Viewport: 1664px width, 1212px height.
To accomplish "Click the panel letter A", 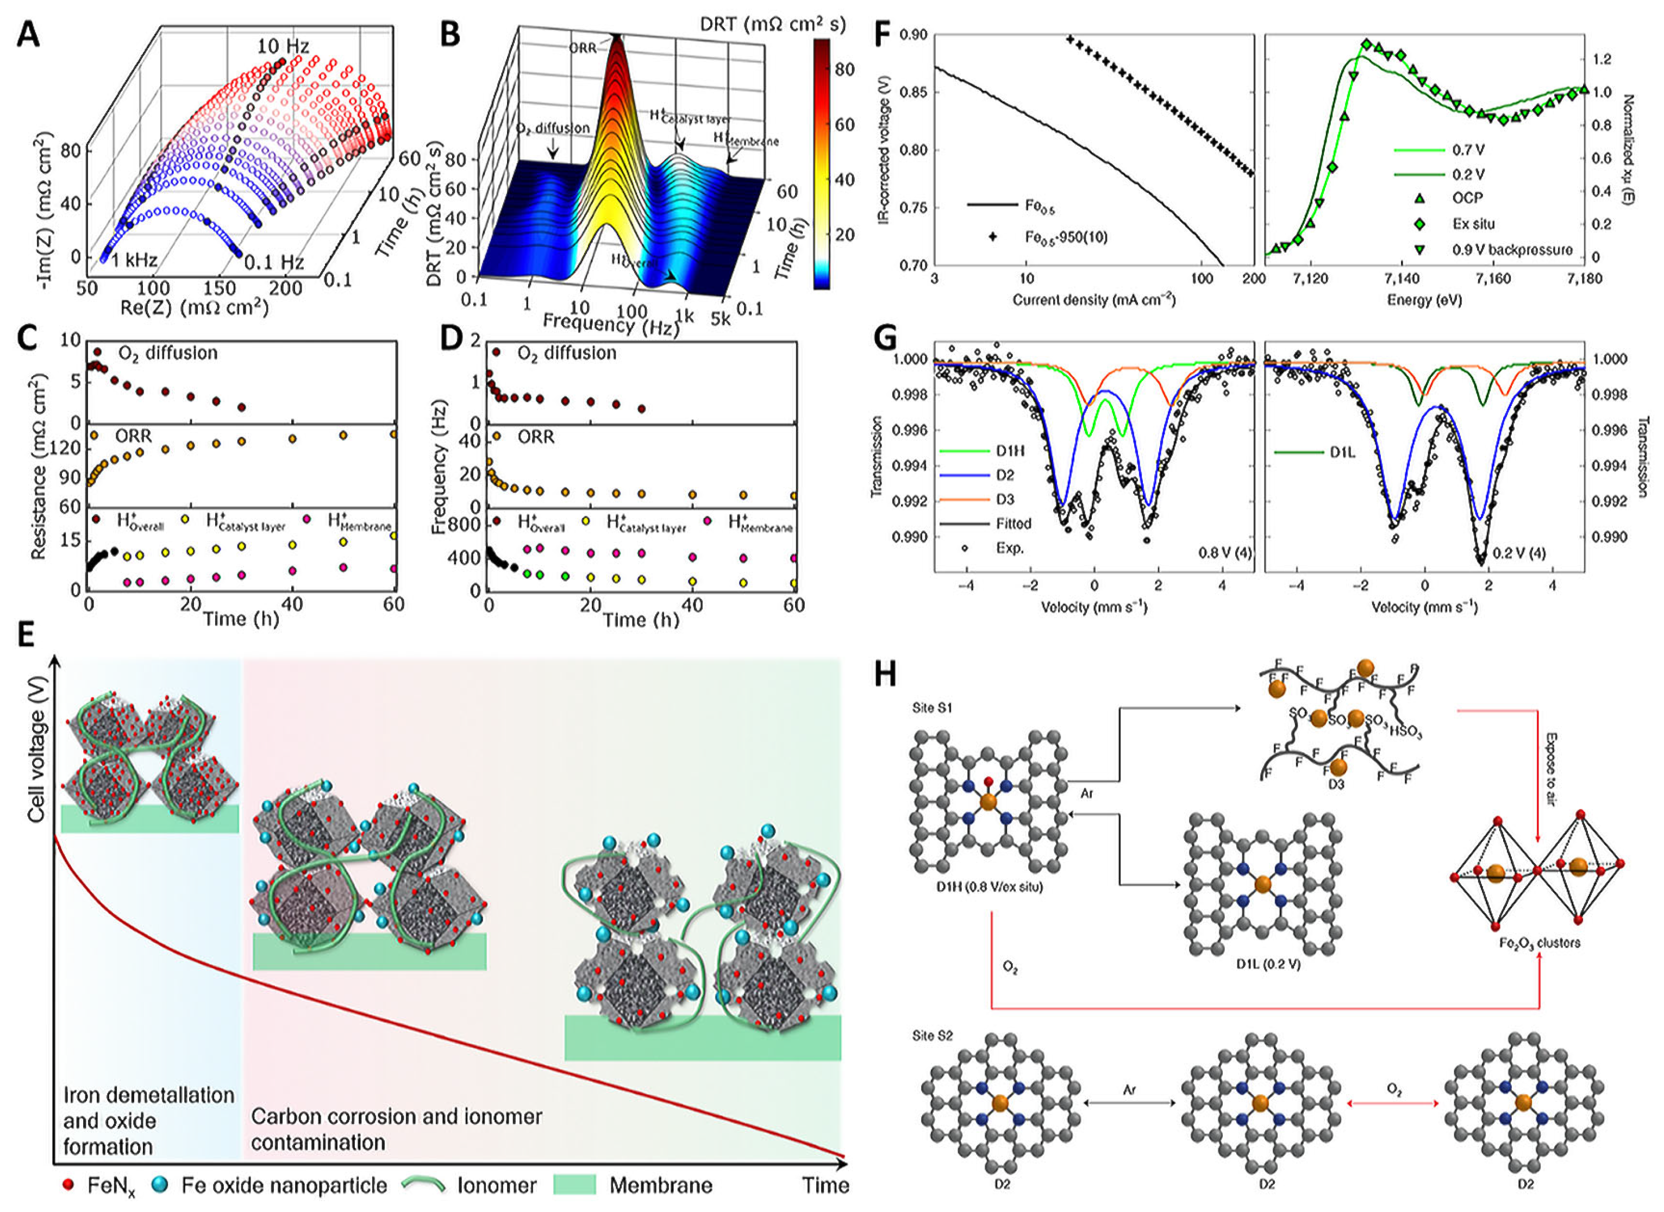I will (x=27, y=34).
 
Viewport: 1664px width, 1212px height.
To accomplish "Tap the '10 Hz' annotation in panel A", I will (x=283, y=47).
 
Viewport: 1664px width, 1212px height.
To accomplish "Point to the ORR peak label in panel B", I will (x=583, y=48).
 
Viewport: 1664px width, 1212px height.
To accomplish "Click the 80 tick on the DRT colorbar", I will (x=844, y=70).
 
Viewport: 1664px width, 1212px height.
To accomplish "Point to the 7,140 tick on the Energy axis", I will (x=1402, y=279).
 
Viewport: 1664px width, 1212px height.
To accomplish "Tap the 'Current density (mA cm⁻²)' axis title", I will (x=1094, y=300).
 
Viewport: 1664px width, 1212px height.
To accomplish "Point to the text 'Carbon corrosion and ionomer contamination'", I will (x=396, y=1129).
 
